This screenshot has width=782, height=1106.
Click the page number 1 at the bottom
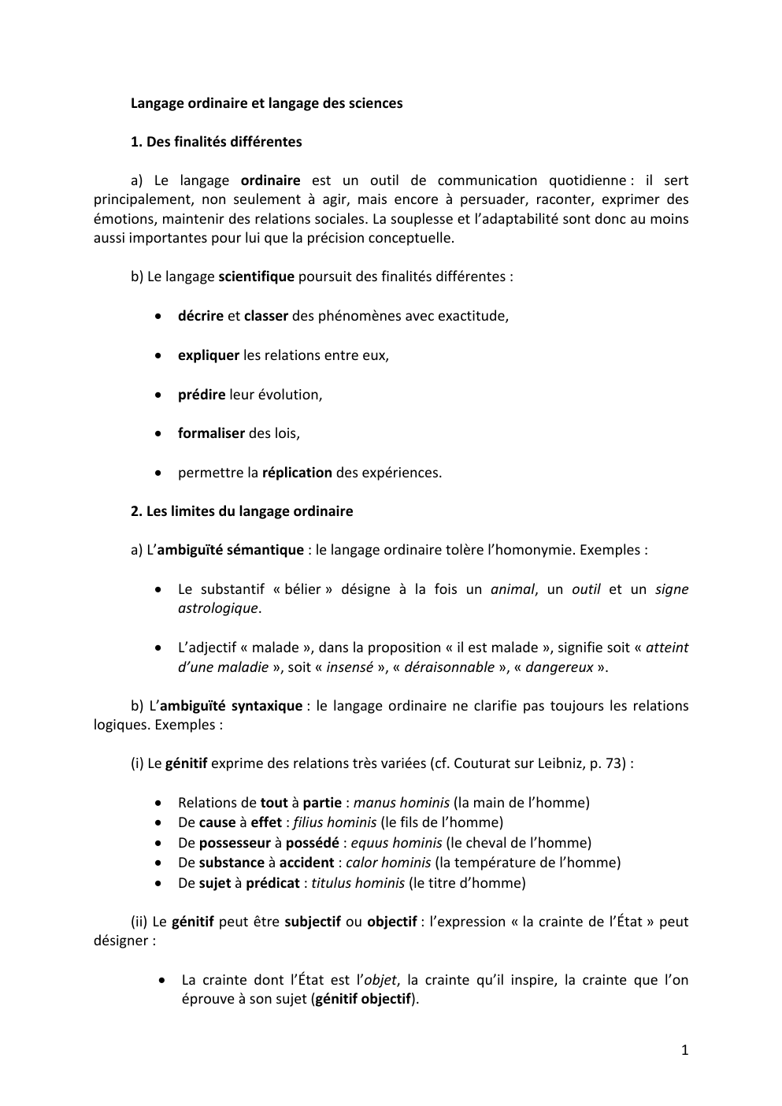[684, 1049]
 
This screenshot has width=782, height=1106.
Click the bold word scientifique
[256, 276]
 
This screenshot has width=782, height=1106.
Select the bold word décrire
[201, 316]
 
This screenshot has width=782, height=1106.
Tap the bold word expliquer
[209, 355]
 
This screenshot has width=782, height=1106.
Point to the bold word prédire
[202, 395]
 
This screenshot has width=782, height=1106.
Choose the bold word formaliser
[211, 433]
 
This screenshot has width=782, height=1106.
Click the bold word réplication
[297, 473]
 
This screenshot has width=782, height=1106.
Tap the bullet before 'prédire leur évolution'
[160, 395]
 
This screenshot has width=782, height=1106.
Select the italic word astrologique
[218, 608]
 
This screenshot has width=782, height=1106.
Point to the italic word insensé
[350, 667]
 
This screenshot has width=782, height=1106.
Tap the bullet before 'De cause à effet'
[160, 823]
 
